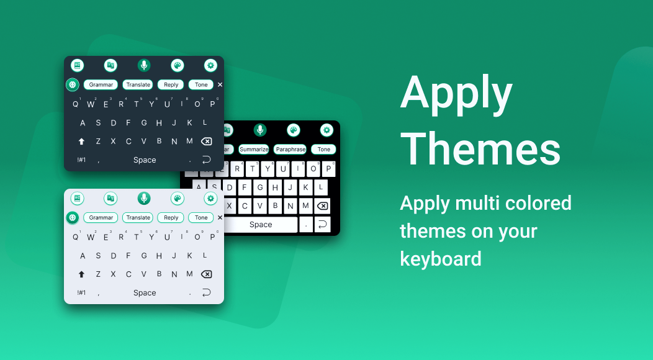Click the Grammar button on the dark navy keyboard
point(101,84)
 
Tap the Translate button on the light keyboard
point(138,217)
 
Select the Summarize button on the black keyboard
point(254,149)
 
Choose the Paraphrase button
point(290,149)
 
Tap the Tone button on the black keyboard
point(323,149)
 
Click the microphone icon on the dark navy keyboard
point(143,65)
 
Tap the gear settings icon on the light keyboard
point(210,199)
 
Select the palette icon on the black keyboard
point(293,130)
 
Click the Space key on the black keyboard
point(261,225)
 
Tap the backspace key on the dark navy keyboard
point(206,142)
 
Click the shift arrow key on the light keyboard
point(82,274)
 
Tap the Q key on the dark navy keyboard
point(75,104)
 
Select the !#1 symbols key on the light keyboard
point(82,292)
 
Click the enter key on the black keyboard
point(322,225)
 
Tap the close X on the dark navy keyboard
point(220,84)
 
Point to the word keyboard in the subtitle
point(441,258)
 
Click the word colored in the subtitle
point(538,203)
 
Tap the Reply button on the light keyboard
point(171,217)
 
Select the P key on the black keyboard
point(328,169)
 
